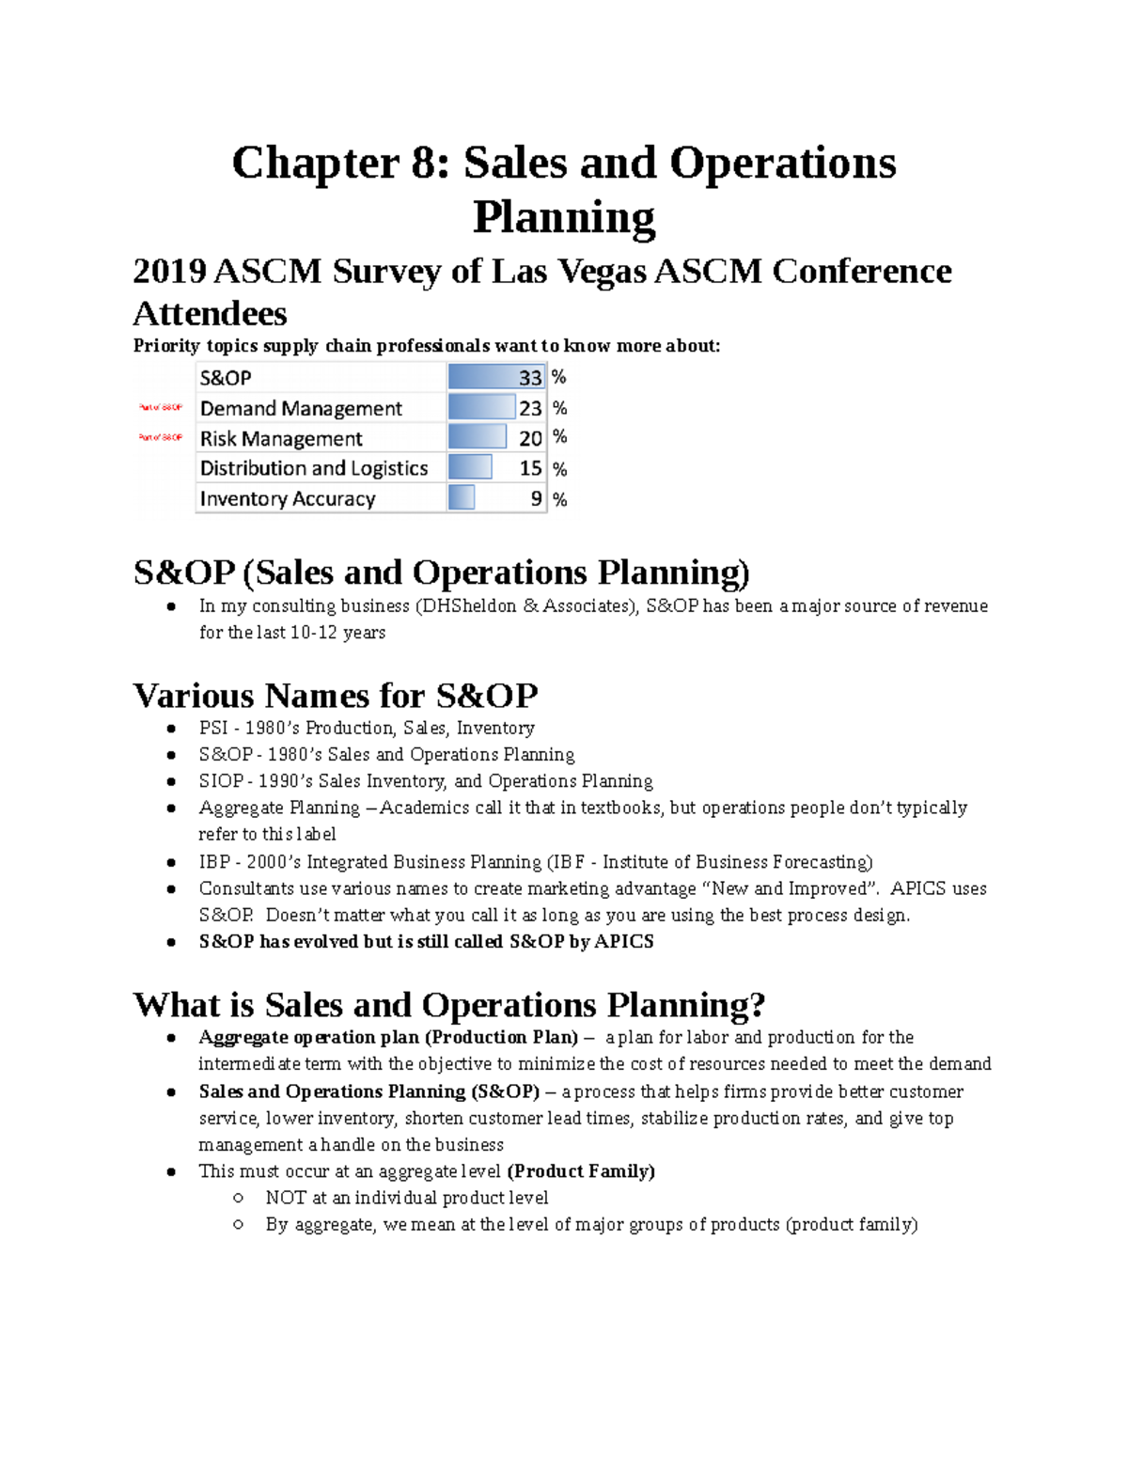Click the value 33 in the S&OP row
530,378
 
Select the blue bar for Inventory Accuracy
462,498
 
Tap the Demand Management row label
301,408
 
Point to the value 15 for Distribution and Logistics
530,468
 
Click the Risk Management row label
281,438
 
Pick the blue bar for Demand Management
482,408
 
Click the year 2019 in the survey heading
169,272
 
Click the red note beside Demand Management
161,408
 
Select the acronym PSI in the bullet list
213,728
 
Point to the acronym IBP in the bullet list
213,862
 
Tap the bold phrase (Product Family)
581,1171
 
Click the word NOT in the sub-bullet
286,1198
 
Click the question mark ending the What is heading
757,1005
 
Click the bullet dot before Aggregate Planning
171,808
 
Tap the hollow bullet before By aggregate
238,1224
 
